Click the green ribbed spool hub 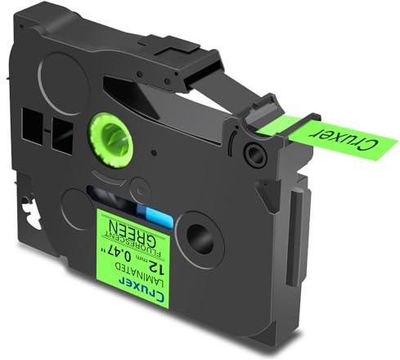[x=111, y=139]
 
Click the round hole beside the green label [x=200, y=238]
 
